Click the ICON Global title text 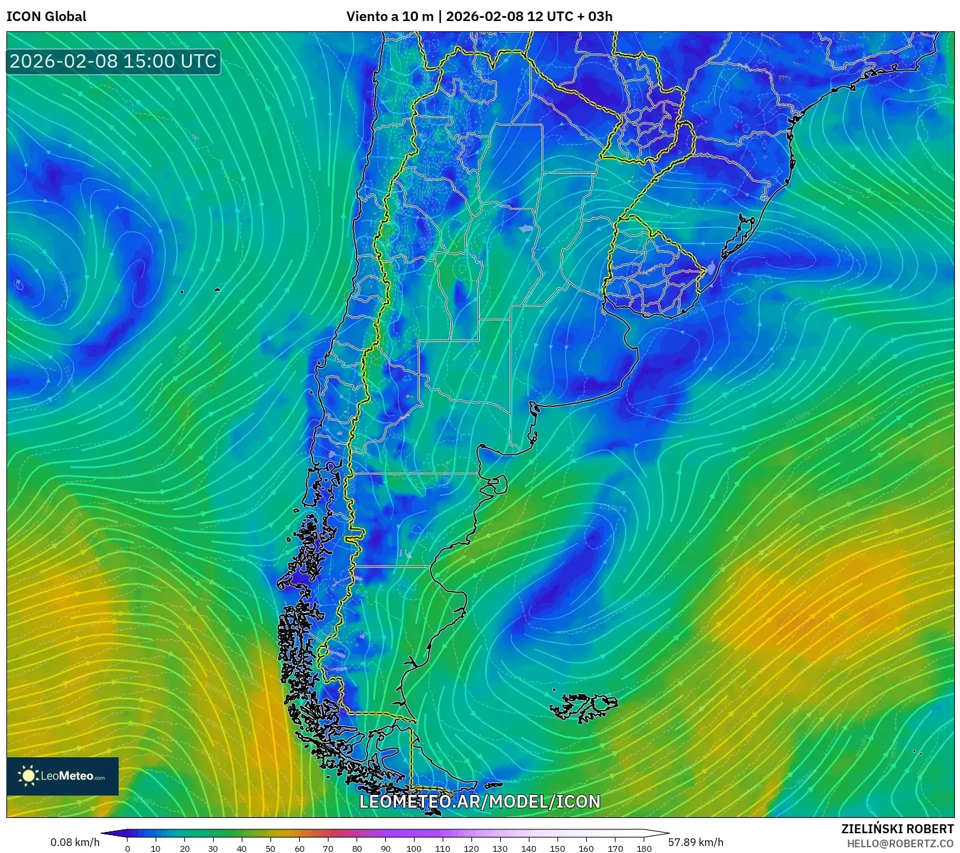point(46,17)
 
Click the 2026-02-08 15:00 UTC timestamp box point(113,61)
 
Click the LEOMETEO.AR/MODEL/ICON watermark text point(480,801)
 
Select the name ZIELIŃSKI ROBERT point(897,829)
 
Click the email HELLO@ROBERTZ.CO point(900,843)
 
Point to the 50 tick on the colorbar point(270,849)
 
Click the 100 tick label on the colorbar point(414,849)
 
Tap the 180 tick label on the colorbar point(644,849)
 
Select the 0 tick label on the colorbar point(128,849)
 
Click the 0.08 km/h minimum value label point(75,842)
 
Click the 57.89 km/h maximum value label point(695,842)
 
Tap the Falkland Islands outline point(586,708)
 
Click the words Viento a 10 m point(389,17)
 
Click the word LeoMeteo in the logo point(67,776)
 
